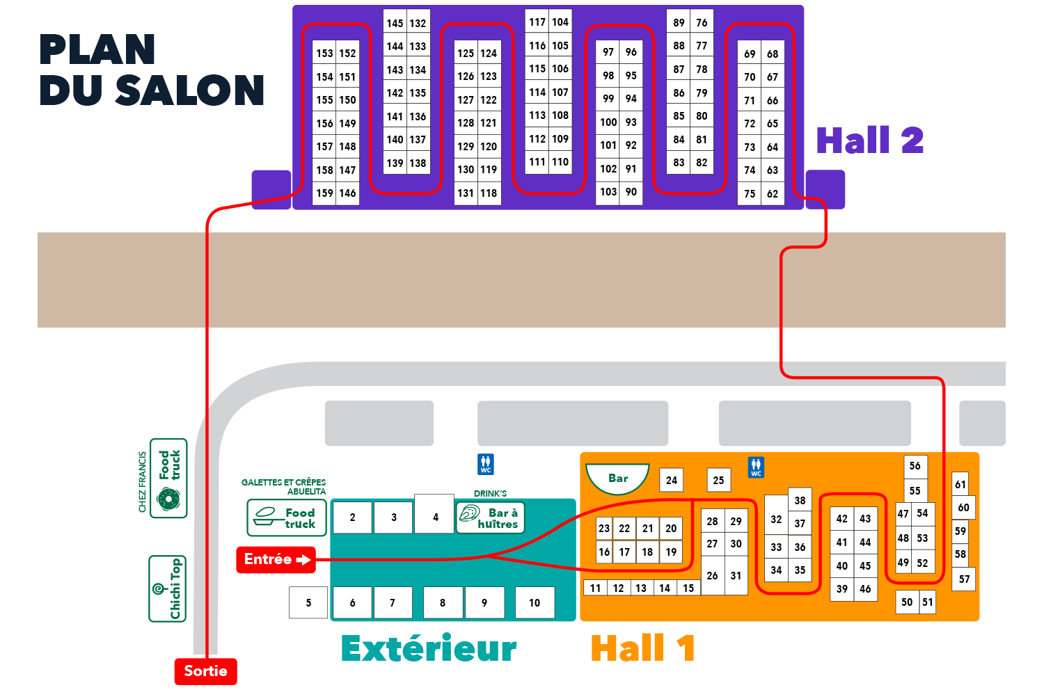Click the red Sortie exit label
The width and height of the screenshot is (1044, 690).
[205, 671]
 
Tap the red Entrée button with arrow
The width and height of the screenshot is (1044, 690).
[276, 560]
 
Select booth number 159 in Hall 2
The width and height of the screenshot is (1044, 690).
[324, 193]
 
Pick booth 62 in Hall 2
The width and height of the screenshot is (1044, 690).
[773, 194]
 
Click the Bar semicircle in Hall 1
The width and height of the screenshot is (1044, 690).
[617, 479]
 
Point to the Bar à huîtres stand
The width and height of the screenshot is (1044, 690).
[490, 518]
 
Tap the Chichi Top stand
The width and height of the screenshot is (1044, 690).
[167, 588]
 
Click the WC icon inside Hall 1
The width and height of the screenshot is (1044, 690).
[756, 467]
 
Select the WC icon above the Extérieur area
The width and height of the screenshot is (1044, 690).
[486, 464]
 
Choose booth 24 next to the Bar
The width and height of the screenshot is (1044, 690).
[672, 480]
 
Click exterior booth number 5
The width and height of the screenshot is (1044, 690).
[308, 603]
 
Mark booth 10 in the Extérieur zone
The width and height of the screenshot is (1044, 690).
[535, 603]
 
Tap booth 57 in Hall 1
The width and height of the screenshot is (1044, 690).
[964, 579]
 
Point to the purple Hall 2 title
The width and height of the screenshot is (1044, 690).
[870, 141]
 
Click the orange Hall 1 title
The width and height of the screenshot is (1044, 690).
[642, 648]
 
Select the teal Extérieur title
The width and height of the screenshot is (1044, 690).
[429, 649]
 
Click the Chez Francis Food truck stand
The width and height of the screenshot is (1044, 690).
[168, 479]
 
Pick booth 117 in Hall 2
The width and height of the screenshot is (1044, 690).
[537, 22]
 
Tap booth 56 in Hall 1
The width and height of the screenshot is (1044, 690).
[915, 466]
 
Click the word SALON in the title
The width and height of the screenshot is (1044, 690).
[189, 90]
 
